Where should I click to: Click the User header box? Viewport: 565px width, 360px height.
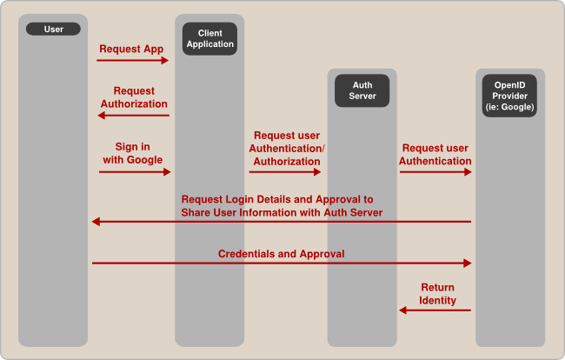pos(53,30)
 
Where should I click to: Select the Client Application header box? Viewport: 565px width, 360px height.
pos(209,39)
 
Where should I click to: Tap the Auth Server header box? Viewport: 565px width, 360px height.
pos(362,90)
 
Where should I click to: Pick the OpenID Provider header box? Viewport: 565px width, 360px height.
pos(509,96)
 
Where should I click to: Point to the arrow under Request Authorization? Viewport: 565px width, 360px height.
pos(132,115)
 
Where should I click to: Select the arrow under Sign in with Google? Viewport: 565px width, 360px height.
pos(135,172)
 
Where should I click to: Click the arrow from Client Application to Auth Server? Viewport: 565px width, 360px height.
pos(285,172)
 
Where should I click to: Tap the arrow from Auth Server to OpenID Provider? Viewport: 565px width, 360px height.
pos(435,172)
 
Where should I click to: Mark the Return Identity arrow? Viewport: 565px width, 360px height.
pos(435,310)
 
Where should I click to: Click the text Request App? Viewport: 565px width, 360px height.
pos(131,49)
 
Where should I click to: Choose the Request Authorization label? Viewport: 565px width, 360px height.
pos(134,97)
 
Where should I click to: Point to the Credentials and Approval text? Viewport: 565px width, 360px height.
pos(281,254)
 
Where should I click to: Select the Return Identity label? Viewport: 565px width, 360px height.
pos(437,293)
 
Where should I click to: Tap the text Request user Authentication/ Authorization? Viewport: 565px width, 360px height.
pos(288,149)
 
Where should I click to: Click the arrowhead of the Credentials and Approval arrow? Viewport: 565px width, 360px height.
pos(468,263)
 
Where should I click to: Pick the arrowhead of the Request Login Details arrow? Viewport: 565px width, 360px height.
pos(96,222)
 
